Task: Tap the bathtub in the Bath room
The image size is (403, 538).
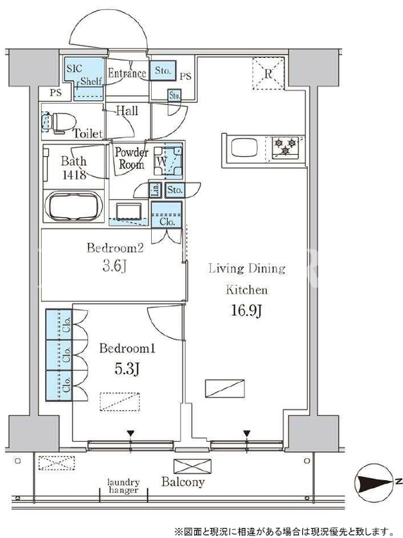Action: click(74, 206)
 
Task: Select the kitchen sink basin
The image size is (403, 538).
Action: click(244, 148)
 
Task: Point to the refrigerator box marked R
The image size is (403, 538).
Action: click(268, 74)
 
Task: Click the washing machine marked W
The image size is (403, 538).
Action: click(168, 161)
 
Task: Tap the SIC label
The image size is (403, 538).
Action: click(75, 69)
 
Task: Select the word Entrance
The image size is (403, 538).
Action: click(127, 73)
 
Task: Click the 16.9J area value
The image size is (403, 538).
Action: click(247, 311)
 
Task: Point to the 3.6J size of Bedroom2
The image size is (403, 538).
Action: click(115, 266)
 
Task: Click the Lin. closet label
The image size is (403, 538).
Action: click(155, 190)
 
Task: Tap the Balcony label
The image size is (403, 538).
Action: click(183, 482)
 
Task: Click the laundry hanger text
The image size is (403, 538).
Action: click(124, 486)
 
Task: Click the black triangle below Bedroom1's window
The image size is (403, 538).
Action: click(130, 434)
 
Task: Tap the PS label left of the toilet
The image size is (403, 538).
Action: click(56, 92)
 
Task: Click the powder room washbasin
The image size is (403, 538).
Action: click(129, 212)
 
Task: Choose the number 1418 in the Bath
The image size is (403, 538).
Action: click(74, 175)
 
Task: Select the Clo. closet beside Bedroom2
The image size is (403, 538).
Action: click(167, 215)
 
